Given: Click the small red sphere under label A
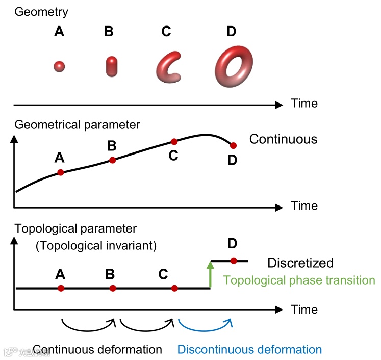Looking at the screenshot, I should click(x=59, y=66).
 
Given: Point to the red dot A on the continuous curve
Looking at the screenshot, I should click(x=61, y=172).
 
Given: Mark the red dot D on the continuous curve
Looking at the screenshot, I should click(x=234, y=146).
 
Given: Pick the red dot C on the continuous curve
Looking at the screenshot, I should click(x=174, y=141).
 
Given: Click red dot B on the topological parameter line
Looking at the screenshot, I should click(x=113, y=289).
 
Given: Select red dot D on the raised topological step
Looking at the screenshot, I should click(x=234, y=261).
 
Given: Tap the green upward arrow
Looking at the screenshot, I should click(x=210, y=274).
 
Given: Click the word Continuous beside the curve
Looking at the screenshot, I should click(x=283, y=139).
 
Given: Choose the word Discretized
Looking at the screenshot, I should click(x=300, y=263).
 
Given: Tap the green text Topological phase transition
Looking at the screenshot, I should click(x=299, y=280).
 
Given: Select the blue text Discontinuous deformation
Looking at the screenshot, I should click(x=250, y=350).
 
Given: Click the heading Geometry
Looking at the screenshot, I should click(x=41, y=11).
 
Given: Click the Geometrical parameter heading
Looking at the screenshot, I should click(x=78, y=124).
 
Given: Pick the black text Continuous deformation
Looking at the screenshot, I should click(x=97, y=350).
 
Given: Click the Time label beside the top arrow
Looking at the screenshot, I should click(x=304, y=104).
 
